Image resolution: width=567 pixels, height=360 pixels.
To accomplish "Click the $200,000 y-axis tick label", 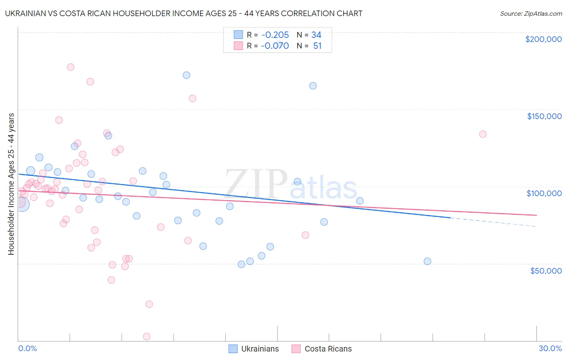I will pyautogui.click(x=543, y=39).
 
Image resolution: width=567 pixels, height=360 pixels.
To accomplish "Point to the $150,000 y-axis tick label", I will pyautogui.click(x=544, y=116).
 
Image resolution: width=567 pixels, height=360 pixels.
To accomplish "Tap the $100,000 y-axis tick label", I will pyautogui.click(x=544, y=193).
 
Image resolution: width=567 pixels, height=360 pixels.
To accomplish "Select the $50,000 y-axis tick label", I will pyautogui.click(x=546, y=270).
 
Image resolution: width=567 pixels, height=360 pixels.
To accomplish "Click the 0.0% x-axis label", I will pyautogui.click(x=27, y=348).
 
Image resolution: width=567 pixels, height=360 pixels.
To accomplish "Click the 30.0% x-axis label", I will pyautogui.click(x=550, y=348).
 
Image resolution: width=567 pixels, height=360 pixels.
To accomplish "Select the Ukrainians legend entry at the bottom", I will pyautogui.click(x=254, y=349).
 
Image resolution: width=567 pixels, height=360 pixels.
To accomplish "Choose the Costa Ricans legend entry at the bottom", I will pyautogui.click(x=322, y=349).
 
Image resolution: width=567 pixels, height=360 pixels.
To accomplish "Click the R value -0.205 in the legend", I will pyautogui.click(x=275, y=35).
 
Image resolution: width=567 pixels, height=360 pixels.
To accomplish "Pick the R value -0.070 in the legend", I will pyautogui.click(x=275, y=46).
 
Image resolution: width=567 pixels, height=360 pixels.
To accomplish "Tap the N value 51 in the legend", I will pyautogui.click(x=317, y=46).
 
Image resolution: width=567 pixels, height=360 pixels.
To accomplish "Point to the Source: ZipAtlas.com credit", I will pyautogui.click(x=531, y=14).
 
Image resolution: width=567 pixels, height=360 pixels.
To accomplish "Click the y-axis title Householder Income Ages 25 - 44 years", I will pyautogui.click(x=11, y=184).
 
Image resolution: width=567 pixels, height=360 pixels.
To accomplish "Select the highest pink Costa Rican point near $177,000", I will pyautogui.click(x=71, y=67).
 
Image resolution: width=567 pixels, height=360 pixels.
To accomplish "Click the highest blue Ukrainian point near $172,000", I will pyautogui.click(x=186, y=75).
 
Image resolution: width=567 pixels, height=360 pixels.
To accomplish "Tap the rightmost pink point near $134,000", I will pyautogui.click(x=483, y=134).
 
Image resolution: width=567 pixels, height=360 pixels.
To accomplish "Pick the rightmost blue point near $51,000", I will pyautogui.click(x=427, y=261).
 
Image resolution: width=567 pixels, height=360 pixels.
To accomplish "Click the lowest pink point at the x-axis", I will pyautogui.click(x=147, y=337).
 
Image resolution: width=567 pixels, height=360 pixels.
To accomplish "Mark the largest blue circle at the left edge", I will pyautogui.click(x=21, y=204).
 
